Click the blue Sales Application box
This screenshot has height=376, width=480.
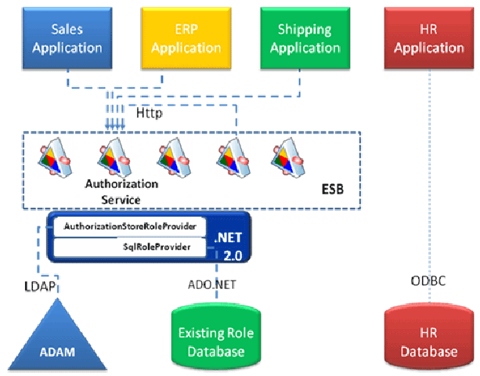point(67,38)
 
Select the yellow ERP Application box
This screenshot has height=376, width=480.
point(186,38)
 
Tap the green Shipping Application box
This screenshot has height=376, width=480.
point(305,38)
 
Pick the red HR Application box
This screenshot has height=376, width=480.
point(429,38)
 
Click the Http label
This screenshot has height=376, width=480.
point(149,113)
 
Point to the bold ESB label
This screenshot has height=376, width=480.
point(333,190)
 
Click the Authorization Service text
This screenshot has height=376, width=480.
point(121,192)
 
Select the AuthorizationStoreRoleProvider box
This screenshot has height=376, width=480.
point(130,226)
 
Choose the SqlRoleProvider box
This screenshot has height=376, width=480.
point(130,247)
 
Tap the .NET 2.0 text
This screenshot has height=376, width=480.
point(229,247)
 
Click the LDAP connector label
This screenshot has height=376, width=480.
point(40,286)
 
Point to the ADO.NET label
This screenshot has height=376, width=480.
point(212,285)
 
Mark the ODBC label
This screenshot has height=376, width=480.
point(428,280)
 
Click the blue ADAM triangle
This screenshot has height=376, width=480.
point(57,340)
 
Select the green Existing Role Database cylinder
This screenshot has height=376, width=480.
point(216,337)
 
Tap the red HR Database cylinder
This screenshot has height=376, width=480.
point(429,337)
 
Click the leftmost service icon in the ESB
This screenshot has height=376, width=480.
point(56,157)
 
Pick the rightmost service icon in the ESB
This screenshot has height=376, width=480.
point(288,157)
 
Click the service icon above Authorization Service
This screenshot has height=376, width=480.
point(115,157)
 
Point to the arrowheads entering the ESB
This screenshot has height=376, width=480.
point(115,126)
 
